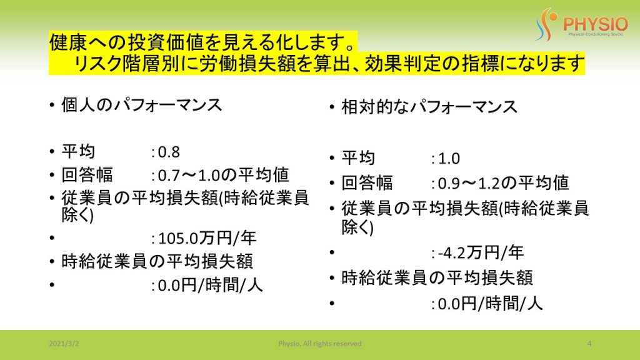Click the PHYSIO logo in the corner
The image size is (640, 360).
pos(582,24)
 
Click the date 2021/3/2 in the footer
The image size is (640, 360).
pos(64,344)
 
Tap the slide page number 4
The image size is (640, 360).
pos(589,344)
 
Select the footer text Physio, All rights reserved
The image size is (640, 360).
pos(320,344)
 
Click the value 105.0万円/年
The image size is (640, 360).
pos(207,238)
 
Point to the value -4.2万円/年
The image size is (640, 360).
pos(481,252)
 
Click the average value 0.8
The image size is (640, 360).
pos(169,152)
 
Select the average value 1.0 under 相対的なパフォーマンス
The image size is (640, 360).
pos(449,158)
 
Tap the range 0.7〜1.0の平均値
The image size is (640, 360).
pos(223,175)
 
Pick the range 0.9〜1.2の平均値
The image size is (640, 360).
pos(503,183)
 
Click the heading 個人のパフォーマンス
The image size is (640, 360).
pos(142,105)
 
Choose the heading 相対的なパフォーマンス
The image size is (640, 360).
pos(429,107)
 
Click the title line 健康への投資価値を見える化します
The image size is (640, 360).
pos(202,42)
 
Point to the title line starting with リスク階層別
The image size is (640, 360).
pos(329,63)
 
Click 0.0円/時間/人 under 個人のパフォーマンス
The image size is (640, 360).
pos(210,285)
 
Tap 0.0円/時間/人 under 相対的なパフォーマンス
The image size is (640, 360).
pos(490,303)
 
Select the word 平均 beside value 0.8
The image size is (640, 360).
pos(78,152)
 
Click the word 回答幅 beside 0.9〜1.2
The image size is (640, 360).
pos(367,183)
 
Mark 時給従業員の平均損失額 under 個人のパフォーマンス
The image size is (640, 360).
pos(157,261)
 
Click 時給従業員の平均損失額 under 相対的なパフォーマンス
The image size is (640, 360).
pos(437,278)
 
